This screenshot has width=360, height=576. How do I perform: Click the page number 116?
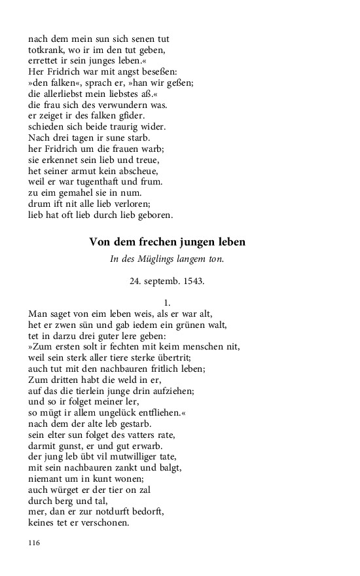[x=35, y=543]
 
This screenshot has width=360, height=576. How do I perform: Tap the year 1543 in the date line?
[x=192, y=283]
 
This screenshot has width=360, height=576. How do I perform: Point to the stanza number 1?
[x=167, y=302]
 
